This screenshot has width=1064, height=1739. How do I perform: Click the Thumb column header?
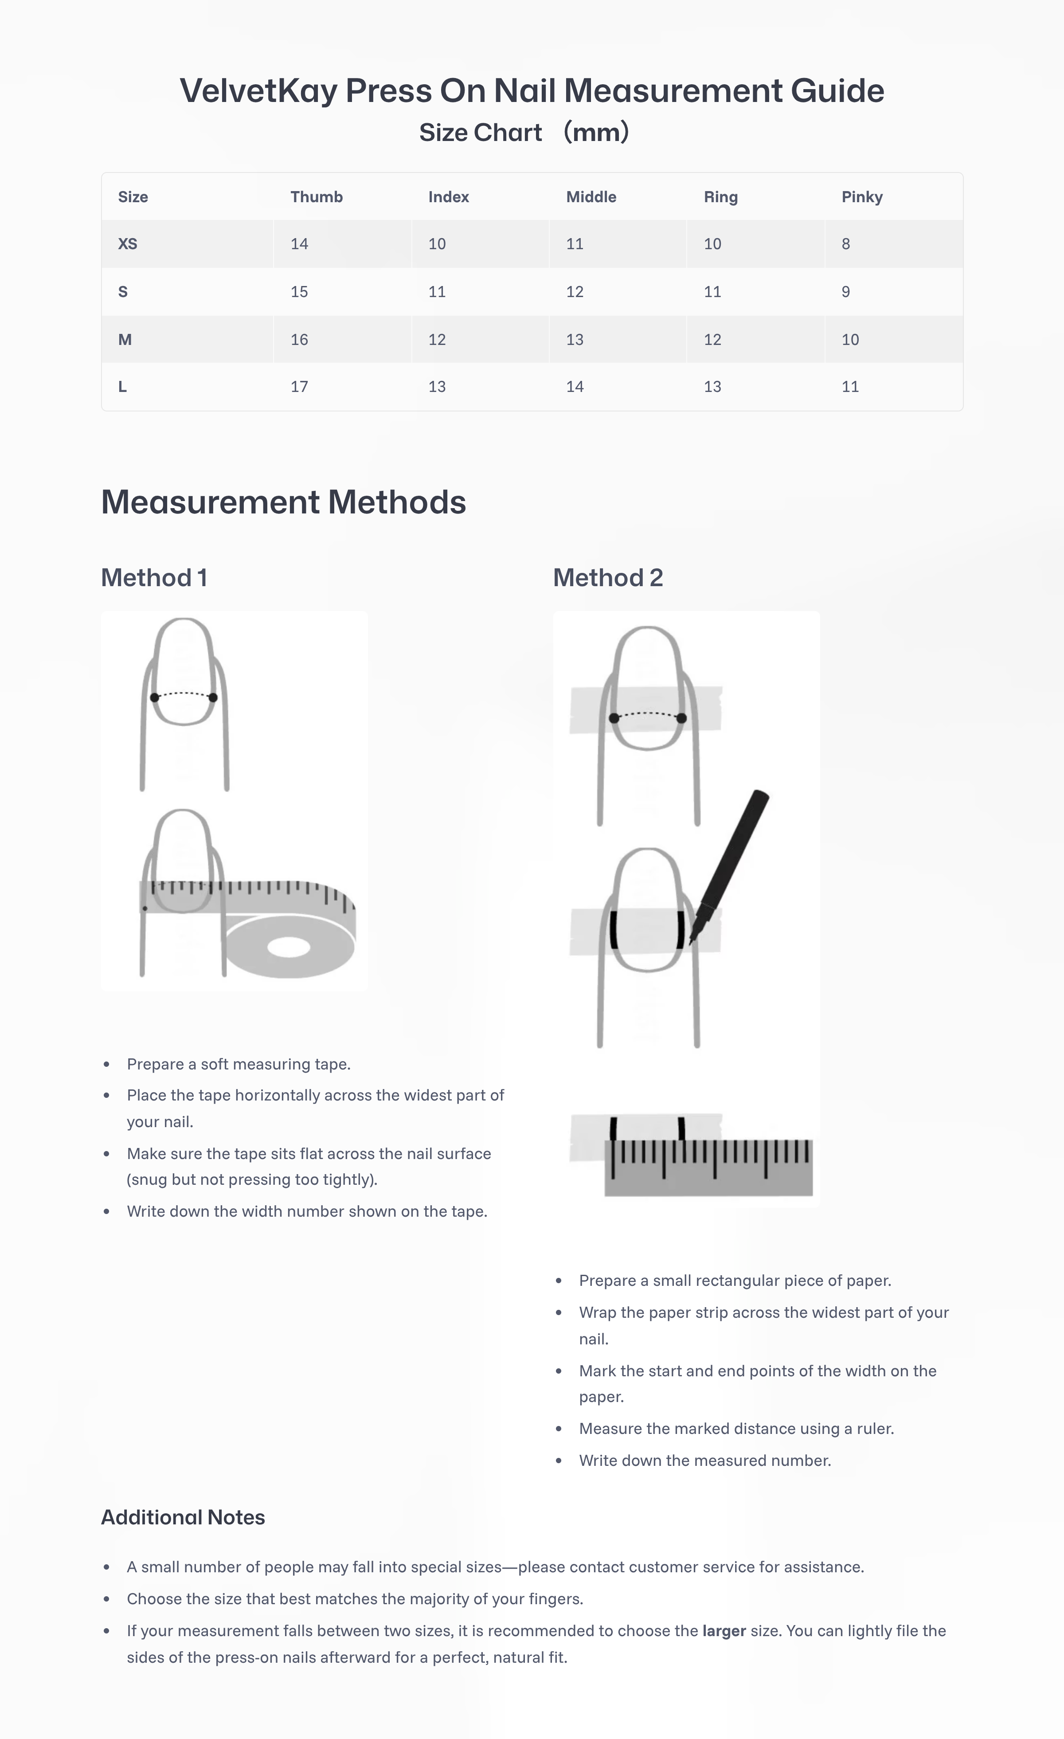coord(316,197)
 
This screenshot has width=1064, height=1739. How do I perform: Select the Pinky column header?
coord(861,197)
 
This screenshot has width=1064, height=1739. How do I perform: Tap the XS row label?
coord(128,244)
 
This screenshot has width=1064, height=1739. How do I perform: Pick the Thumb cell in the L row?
coord(299,387)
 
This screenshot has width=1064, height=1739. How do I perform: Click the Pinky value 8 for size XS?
coord(845,244)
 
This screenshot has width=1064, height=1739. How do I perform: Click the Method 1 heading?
coord(154,577)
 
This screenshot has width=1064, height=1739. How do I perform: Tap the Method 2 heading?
coord(607,577)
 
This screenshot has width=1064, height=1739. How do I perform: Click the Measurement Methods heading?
coord(283,502)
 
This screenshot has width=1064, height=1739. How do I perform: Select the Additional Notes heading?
coord(183,1517)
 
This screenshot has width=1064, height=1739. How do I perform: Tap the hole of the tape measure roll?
coord(289,947)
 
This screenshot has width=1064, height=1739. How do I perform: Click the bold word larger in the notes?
coord(724,1631)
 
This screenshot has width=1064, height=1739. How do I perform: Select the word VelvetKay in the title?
coord(258,91)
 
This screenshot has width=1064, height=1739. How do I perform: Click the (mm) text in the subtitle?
coord(596,132)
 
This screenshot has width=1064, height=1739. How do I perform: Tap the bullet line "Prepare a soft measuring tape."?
coord(239,1064)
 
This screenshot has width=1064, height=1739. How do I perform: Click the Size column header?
coord(133,197)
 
